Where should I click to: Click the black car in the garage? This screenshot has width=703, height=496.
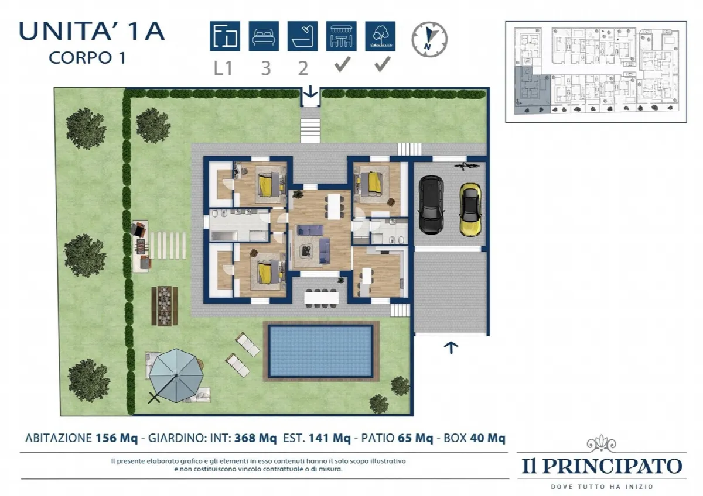point(431,205)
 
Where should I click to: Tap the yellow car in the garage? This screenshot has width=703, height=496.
point(470,209)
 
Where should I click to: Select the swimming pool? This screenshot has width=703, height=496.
point(321,351)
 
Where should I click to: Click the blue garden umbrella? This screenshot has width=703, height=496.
point(176,375)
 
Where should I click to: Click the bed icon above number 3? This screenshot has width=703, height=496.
point(264,36)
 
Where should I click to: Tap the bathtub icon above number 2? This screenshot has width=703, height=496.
point(302,36)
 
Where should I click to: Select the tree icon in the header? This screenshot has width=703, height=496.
point(380,36)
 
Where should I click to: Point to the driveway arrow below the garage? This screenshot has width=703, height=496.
point(451,348)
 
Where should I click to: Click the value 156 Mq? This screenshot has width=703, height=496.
point(117,438)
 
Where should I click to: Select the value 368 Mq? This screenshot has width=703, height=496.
point(255,438)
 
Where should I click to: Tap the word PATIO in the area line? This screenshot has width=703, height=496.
point(378,438)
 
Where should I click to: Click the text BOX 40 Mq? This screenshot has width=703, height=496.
point(474,438)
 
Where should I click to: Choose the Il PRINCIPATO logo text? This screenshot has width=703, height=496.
point(602,466)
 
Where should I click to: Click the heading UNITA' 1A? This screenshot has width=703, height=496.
point(91,32)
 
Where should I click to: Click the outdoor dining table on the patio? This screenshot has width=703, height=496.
point(322,298)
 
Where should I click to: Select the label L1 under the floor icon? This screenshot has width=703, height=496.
point(223,68)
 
